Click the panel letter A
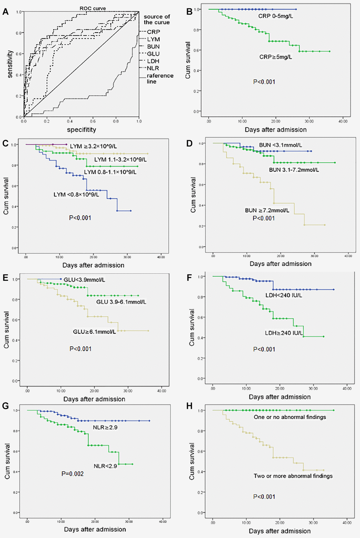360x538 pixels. point(5,12)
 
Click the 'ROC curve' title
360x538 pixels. point(92,8)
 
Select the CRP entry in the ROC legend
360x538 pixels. point(153,32)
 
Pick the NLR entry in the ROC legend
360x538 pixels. point(153,68)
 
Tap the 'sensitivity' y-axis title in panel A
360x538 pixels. point(10,64)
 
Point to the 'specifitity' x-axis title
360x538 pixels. point(81,130)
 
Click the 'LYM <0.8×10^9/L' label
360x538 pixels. point(76,194)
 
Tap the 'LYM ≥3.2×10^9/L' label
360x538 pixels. point(93,146)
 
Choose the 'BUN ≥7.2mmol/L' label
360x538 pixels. point(267,210)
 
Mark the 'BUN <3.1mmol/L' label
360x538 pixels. point(280,145)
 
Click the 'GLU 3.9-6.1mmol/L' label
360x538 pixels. point(121,302)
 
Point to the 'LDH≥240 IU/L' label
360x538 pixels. point(284,333)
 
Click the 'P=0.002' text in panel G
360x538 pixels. point(72,473)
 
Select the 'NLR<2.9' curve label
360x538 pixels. point(105,466)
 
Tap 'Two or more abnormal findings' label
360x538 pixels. point(293,476)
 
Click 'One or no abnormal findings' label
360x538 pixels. point(290,417)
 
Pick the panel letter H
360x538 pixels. point(189,406)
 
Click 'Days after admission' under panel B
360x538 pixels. point(276,129)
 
